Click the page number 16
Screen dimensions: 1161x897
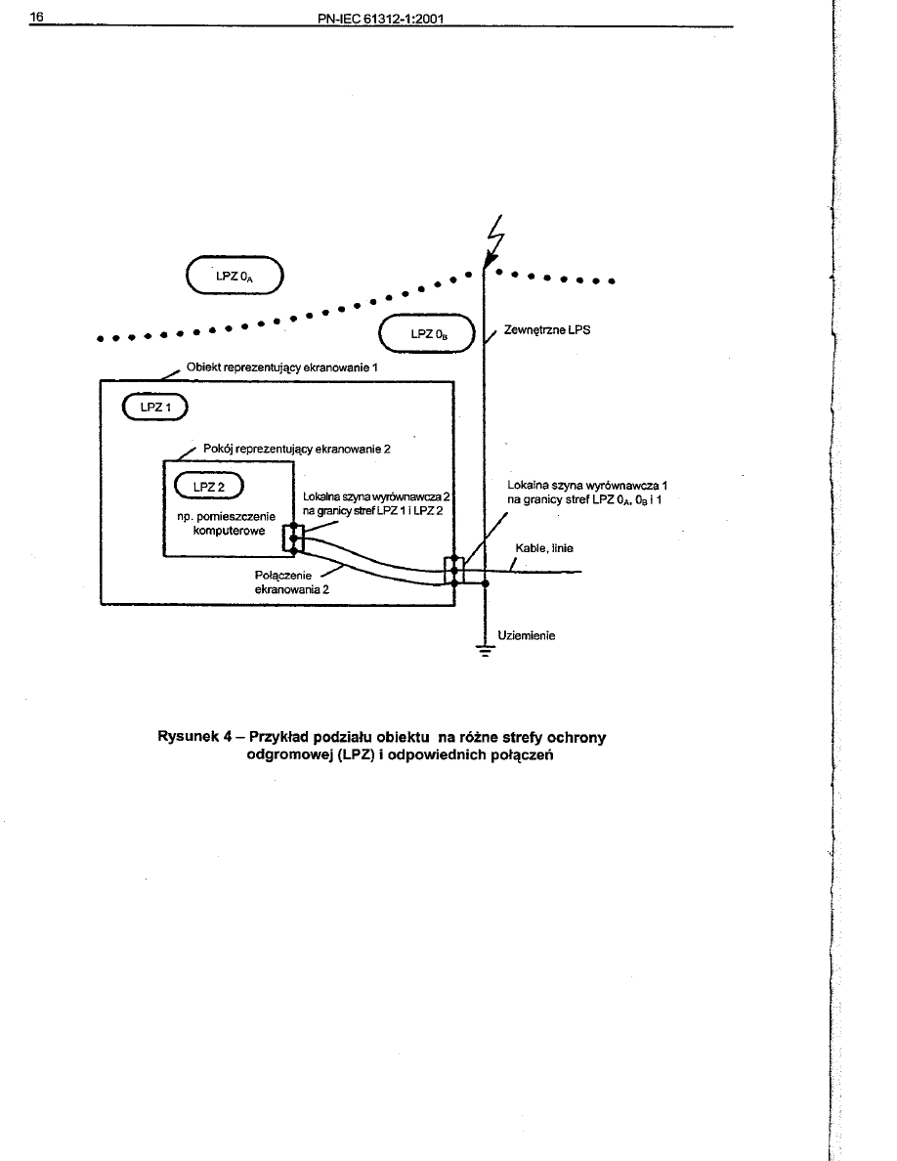pos(37,18)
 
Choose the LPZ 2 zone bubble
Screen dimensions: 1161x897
pos(209,486)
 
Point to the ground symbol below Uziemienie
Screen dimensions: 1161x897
pos(485,653)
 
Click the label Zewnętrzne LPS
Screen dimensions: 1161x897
pos(547,330)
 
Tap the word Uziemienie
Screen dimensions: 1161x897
pos(527,635)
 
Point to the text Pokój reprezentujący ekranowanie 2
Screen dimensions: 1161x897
pos(296,449)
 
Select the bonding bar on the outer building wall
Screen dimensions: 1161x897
pos(453,570)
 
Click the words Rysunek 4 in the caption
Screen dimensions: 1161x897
pos(194,738)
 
